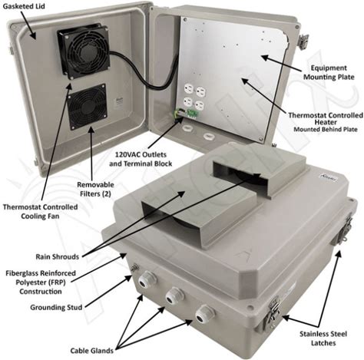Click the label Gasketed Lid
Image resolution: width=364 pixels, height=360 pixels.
click(x=24, y=6)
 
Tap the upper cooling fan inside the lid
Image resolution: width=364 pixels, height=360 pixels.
click(x=84, y=51)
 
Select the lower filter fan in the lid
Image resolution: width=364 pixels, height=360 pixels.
click(x=87, y=107)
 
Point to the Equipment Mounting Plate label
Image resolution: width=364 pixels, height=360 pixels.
click(x=329, y=72)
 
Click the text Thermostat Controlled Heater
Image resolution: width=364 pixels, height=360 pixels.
click(x=326, y=119)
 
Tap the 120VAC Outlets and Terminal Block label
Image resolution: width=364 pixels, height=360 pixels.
click(x=141, y=159)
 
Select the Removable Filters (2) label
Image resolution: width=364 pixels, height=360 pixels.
click(x=95, y=189)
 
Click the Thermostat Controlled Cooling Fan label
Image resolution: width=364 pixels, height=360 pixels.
click(x=40, y=211)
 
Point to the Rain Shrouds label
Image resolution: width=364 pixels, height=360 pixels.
click(x=58, y=256)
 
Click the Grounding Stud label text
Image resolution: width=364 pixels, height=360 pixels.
click(x=56, y=307)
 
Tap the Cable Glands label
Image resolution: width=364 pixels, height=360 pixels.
click(x=92, y=351)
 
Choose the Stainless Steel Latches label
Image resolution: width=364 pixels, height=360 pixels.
click(x=323, y=339)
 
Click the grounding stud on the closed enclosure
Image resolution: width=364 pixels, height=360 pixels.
click(x=134, y=269)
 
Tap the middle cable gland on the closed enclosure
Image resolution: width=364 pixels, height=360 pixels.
click(x=174, y=296)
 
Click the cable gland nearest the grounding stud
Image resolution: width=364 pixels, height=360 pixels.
click(x=147, y=280)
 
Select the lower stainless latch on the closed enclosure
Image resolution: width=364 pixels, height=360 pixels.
click(x=273, y=312)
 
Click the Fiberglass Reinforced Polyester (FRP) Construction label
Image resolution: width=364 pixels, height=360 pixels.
click(x=41, y=282)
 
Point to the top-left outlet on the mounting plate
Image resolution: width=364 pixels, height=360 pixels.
click(x=188, y=89)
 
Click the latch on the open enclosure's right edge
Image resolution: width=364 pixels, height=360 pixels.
click(x=303, y=41)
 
